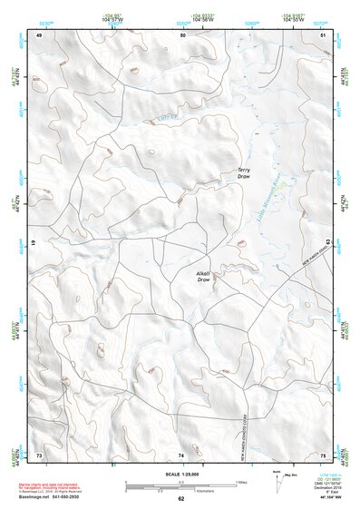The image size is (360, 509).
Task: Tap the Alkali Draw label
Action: click(x=203, y=277)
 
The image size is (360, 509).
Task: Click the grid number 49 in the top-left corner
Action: click(x=39, y=35)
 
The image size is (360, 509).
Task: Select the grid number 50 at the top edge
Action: click(x=182, y=35)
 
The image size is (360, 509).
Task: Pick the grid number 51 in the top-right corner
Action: click(x=324, y=35)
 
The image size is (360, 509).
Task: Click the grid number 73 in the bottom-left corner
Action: click(x=39, y=454)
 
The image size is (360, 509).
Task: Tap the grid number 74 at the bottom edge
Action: click(x=182, y=454)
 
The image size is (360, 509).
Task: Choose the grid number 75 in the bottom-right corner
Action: click(x=324, y=454)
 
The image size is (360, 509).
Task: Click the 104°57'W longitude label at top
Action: click(x=112, y=18)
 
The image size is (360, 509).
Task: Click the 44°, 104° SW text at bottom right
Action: click(x=325, y=497)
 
